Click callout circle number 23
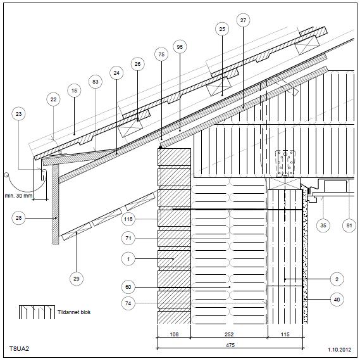(18, 114)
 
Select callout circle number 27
(243, 20)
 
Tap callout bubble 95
(180, 47)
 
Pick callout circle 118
(128, 219)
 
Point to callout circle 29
(76, 279)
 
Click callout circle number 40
(337, 300)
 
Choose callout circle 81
(349, 225)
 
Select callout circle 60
(128, 287)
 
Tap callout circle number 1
(128, 259)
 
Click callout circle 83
(96, 82)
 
